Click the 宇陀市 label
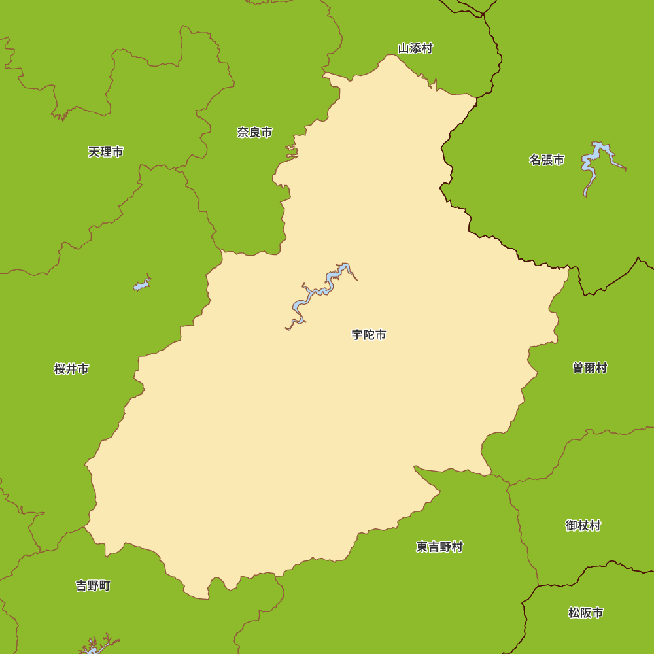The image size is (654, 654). coord(369,335)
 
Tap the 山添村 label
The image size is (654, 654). coord(415,48)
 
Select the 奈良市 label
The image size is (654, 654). coord(254,132)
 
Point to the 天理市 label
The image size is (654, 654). coord(106,152)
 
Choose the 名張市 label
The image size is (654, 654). coord(547,160)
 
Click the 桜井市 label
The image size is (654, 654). coord(71,369)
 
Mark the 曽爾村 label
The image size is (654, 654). coord(590,368)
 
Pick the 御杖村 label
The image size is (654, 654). coord(583,525)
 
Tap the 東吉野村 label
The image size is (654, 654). coord(439,547)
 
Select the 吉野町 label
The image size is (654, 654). coord(93,585)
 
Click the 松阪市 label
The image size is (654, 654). coord(585,613)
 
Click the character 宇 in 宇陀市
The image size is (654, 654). coord(358,335)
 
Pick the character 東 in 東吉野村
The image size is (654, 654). coord(422,547)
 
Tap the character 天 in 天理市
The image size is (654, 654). coord(94,152)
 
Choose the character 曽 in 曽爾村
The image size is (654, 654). coord(579,368)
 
